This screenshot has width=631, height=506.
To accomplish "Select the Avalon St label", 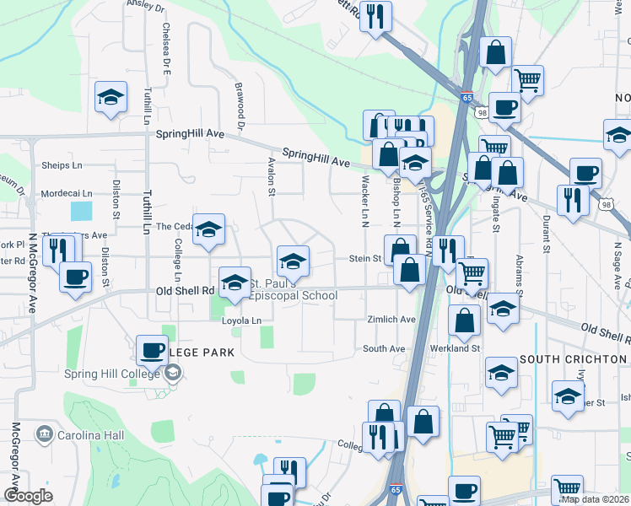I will click(x=272, y=176).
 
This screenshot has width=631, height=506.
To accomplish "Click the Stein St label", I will click(x=366, y=259).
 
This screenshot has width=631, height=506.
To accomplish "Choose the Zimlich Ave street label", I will click(x=391, y=320).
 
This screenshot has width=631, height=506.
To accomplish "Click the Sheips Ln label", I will click(x=62, y=165).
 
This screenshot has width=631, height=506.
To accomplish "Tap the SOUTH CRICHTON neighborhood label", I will click(x=574, y=359).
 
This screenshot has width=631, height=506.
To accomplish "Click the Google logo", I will click(x=28, y=496).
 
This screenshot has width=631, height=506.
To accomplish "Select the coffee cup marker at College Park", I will click(x=153, y=348).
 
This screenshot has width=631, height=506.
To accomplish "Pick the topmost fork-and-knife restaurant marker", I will click(x=375, y=16).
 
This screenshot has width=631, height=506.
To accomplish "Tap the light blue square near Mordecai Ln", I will click(x=82, y=211).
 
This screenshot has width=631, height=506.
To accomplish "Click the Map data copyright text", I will click(x=596, y=498).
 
